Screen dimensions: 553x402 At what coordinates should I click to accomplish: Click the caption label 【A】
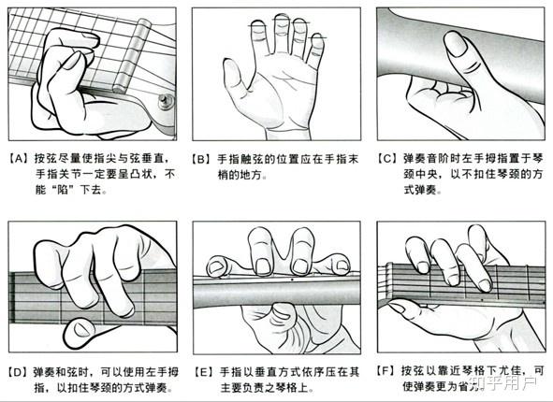coord(20,159)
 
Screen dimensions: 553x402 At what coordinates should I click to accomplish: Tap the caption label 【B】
coord(203,159)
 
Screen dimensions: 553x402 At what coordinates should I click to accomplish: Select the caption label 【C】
coord(388,159)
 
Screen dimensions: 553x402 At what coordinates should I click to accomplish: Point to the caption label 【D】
coord(19,372)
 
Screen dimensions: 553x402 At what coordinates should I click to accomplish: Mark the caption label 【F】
coord(386,370)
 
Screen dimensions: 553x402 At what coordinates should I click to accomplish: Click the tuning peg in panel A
coord(167,102)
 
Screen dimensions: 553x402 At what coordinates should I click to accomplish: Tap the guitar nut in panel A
coord(132,56)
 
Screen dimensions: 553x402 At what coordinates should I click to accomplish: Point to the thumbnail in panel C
coord(456,44)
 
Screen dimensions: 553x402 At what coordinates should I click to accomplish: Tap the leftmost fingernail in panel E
coord(215,267)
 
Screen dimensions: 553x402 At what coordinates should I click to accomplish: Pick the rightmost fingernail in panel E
coord(342,266)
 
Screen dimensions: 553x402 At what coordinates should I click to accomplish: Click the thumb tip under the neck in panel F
coord(397,308)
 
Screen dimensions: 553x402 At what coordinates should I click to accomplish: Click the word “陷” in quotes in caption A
coord(63,190)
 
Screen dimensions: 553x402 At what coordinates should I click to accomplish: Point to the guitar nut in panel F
coord(388,280)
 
